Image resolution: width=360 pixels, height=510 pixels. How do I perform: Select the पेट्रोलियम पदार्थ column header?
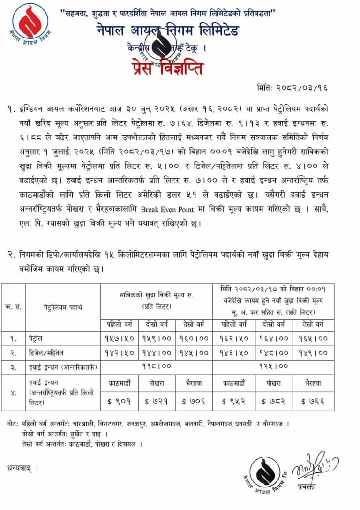click(63, 307)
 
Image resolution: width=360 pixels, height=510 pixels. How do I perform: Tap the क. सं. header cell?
click(13, 307)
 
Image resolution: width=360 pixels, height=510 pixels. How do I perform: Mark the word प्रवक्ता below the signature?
click(306, 487)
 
